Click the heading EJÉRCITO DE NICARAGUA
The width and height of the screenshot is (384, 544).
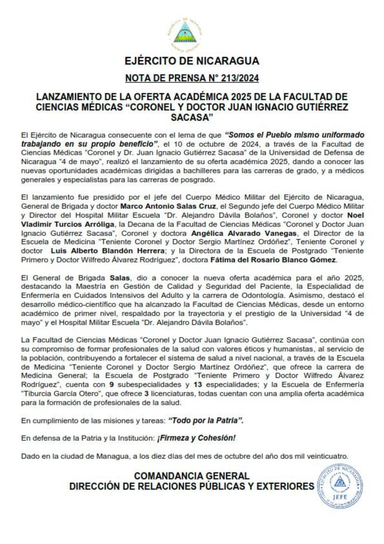(x=192, y=61)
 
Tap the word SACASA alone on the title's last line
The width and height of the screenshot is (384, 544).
(x=192, y=116)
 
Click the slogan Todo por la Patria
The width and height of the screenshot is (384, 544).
(x=205, y=420)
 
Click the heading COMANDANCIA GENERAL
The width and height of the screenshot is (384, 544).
(x=192, y=476)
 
